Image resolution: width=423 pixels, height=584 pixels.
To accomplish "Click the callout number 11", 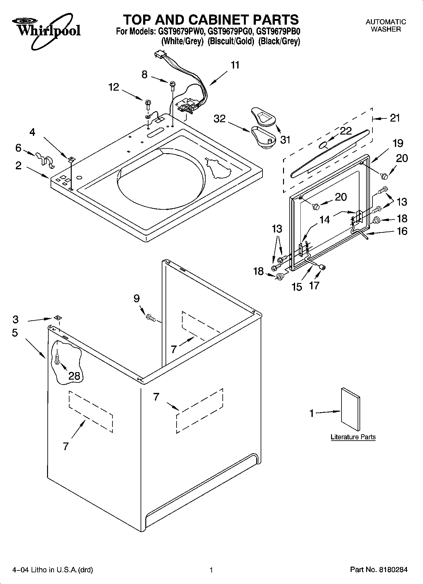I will (x=235, y=65).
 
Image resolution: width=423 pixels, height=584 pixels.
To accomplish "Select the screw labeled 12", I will (x=148, y=103).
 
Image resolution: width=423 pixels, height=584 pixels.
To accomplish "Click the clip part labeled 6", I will (x=44, y=158).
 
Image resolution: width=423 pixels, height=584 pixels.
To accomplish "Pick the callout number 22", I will (x=346, y=131).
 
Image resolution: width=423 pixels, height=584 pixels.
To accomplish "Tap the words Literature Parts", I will (x=353, y=437).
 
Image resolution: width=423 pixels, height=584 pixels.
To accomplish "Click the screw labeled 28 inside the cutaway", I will (x=57, y=359).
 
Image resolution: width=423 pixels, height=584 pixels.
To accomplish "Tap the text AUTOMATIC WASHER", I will (x=385, y=26).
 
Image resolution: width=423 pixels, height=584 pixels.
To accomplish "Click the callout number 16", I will (x=402, y=231).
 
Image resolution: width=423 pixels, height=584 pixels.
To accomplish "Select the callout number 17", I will (x=314, y=286).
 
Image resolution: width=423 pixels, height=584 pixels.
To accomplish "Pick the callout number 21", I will (x=395, y=118).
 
